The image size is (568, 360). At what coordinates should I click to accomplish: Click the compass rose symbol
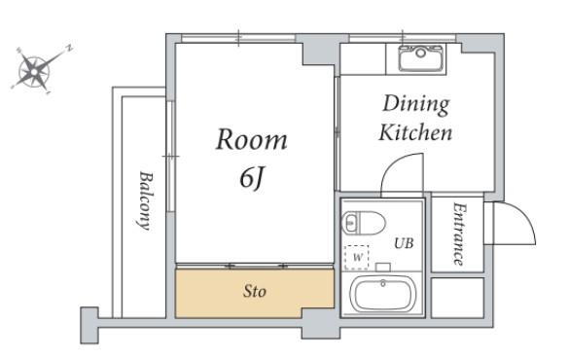coord(35,71)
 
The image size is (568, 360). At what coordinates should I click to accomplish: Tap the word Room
coord(251,139)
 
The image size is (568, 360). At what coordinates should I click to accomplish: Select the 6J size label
coord(251,179)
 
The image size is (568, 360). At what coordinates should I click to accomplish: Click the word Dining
coord(416,105)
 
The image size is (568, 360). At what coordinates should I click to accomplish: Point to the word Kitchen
coord(415,132)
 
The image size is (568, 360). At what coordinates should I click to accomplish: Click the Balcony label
coord(146,200)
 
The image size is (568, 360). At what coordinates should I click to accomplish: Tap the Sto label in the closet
coord(254,291)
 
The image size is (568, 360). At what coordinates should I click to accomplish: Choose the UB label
coord(404,243)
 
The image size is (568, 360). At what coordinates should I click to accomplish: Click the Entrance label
coord(459,234)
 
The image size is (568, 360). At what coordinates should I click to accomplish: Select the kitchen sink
coord(421,58)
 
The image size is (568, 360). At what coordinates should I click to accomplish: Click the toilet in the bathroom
coord(364,222)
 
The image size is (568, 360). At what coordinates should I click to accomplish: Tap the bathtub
coord(383,295)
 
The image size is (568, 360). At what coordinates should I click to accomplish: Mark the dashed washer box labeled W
coord(357,258)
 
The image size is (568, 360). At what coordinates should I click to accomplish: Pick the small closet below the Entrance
coord(458,298)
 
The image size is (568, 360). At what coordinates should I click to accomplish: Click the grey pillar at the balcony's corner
coord(89,325)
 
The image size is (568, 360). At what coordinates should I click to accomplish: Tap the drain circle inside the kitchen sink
coord(420,53)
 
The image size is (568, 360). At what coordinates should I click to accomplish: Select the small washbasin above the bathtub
coord(383,268)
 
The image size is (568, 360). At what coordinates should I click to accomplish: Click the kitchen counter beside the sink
coord(363,59)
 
